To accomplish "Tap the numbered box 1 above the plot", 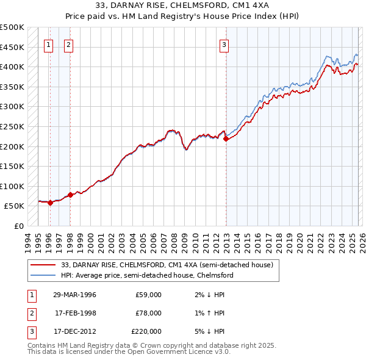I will click(x=48, y=44).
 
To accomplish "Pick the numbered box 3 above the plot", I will click(x=224, y=44).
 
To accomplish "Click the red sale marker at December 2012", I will click(x=226, y=139).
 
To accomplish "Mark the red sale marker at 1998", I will click(x=70, y=195).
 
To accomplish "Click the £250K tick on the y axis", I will click(x=13, y=126).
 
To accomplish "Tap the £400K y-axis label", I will click(x=13, y=67).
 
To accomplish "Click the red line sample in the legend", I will click(x=44, y=265).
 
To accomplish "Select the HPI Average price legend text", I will click(x=147, y=275).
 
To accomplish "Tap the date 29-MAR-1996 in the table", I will click(x=74, y=295).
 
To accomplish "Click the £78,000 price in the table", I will click(x=148, y=313).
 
